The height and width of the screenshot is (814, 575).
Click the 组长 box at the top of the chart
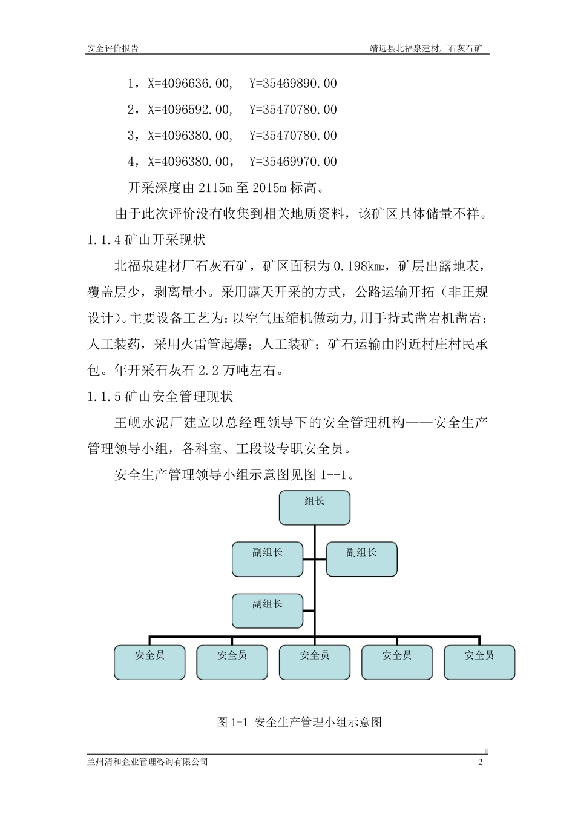tap(314, 508)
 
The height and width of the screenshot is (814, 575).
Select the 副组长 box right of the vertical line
tap(361, 559)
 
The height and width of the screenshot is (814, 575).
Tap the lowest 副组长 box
tap(267, 610)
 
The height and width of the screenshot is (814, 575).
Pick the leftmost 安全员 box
tap(149, 662)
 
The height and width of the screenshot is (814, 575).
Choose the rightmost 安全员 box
tap(479, 662)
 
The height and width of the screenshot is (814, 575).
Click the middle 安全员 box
tap(314, 662)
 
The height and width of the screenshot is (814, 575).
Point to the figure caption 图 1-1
tap(299, 722)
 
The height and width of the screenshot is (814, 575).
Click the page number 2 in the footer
tap(481, 762)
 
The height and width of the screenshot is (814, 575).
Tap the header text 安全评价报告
tap(113, 48)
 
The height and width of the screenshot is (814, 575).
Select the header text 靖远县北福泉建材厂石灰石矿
tap(429, 48)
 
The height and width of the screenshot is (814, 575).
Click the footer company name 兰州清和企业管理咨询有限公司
tap(148, 762)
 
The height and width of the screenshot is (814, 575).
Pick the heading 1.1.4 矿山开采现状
tap(146, 240)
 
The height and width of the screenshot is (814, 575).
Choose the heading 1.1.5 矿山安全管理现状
tap(160, 397)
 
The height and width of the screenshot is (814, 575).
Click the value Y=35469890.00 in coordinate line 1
tap(293, 84)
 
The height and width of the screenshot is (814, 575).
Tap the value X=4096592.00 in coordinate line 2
tap(189, 110)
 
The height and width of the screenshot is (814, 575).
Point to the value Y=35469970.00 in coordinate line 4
tap(293, 162)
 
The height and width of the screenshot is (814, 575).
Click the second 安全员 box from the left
tap(232, 662)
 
